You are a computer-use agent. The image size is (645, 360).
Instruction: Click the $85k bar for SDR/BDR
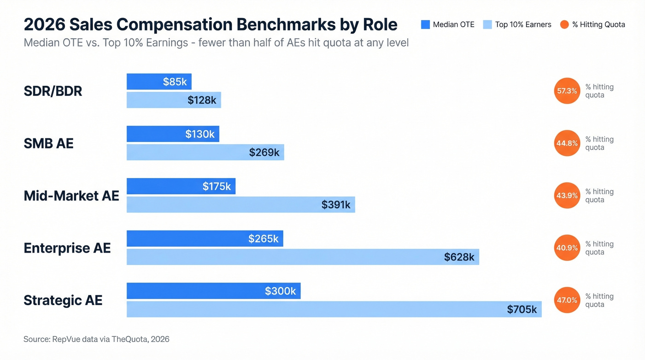click(159, 82)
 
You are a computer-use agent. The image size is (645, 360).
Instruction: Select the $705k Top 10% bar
click(334, 309)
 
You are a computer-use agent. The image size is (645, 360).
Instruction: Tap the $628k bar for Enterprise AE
click(303, 257)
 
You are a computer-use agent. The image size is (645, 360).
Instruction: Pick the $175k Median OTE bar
click(181, 186)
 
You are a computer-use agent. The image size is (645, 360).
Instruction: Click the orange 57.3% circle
click(567, 91)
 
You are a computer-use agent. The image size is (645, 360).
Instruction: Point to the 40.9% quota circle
click(567, 248)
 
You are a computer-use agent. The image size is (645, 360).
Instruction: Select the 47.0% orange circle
click(567, 300)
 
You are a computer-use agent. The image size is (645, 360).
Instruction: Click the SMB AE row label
click(48, 143)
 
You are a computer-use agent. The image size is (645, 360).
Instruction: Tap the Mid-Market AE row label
click(71, 196)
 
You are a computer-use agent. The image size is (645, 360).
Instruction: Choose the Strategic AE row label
click(63, 301)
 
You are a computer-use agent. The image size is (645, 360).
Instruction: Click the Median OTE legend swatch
click(425, 24)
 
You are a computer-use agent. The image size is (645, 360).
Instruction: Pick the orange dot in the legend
click(564, 24)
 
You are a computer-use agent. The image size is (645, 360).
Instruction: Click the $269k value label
click(264, 152)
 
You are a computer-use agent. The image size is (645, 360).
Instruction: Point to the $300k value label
click(280, 291)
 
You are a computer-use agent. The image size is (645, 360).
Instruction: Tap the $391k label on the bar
click(336, 205)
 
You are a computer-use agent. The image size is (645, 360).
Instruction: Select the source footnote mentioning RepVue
click(96, 339)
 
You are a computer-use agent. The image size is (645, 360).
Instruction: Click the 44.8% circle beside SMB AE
click(567, 143)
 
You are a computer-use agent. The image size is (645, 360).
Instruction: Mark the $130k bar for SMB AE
click(173, 134)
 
